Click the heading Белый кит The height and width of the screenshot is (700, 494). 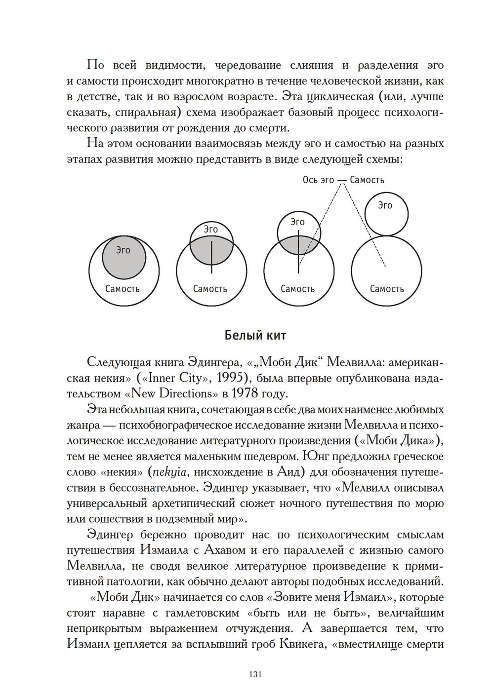[x=255, y=336]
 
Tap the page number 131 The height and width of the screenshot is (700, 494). [x=255, y=675]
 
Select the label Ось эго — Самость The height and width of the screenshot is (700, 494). [x=343, y=180]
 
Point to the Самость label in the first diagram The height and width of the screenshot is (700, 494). [x=123, y=289]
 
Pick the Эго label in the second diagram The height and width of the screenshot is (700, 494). [x=211, y=229]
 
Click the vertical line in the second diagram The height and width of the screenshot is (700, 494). [x=211, y=257]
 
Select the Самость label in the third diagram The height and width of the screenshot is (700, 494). [x=297, y=289]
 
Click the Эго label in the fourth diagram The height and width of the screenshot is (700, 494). [x=385, y=205]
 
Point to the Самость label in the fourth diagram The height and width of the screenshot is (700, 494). [x=387, y=289]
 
